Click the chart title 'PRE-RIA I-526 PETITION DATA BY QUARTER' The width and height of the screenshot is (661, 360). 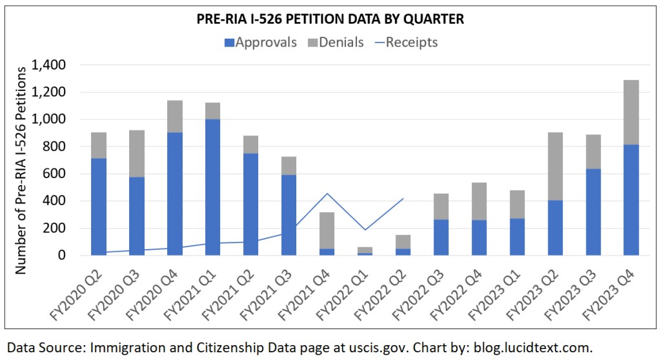point(330,19)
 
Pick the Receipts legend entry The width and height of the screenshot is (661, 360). point(407,43)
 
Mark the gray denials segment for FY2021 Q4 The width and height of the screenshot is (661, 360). point(327,230)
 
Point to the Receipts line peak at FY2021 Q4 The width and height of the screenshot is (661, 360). point(327,194)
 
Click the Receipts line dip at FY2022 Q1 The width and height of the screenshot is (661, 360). point(365,230)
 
